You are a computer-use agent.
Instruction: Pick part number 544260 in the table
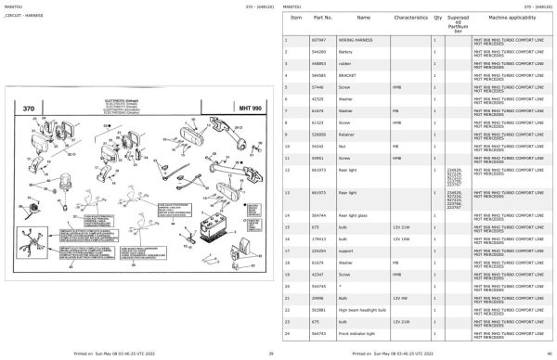[318, 53]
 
